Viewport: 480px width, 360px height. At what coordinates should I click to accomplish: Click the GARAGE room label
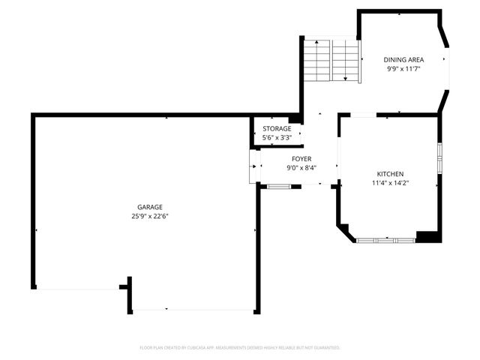click(x=149, y=207)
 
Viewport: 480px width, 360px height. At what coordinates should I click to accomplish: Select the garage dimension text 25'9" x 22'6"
click(x=149, y=216)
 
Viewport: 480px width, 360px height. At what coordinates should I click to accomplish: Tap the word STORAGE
click(x=277, y=128)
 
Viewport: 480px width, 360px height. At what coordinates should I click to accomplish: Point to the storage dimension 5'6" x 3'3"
click(x=277, y=137)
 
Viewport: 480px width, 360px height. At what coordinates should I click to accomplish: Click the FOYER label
click(x=301, y=159)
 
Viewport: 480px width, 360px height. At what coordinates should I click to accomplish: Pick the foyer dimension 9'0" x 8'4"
click(x=301, y=168)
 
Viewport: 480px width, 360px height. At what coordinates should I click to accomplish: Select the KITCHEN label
click(x=390, y=173)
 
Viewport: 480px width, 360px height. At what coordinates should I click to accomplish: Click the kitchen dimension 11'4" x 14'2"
click(x=390, y=182)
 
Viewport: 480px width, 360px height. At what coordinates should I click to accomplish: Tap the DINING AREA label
click(x=404, y=59)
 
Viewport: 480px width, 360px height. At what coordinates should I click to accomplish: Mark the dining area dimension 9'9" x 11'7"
click(x=404, y=68)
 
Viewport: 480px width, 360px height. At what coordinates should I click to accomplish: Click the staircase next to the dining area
click(x=332, y=61)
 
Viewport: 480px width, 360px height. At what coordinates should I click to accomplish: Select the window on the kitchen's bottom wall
click(x=385, y=240)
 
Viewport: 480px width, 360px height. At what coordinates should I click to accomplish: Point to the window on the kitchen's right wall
click(x=440, y=158)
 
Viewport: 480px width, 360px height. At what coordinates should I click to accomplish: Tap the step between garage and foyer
click(x=253, y=166)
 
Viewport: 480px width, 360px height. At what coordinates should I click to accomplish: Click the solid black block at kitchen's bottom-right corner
click(x=428, y=237)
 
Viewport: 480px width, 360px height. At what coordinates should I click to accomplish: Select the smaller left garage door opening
click(x=78, y=288)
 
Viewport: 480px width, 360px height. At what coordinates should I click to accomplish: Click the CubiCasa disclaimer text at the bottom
click(x=240, y=348)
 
